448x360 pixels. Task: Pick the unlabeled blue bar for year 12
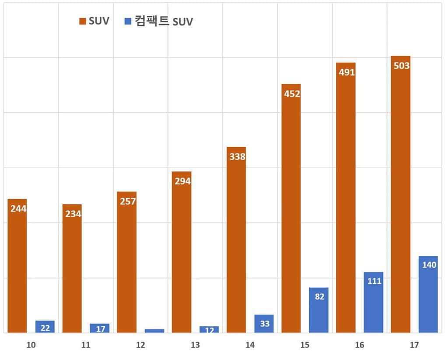click(154, 331)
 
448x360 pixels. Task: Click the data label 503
click(401, 66)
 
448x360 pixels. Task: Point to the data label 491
click(346, 73)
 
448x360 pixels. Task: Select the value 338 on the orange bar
click(237, 156)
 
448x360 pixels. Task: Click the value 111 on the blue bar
click(374, 281)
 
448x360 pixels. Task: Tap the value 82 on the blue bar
click(319, 296)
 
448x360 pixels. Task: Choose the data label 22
click(45, 328)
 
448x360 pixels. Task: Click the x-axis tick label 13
click(195, 345)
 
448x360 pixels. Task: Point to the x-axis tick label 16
click(359, 345)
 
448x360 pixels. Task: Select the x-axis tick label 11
click(86, 345)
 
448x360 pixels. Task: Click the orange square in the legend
click(82, 21)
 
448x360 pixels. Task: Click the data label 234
click(72, 214)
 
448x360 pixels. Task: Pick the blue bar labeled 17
click(100, 328)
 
